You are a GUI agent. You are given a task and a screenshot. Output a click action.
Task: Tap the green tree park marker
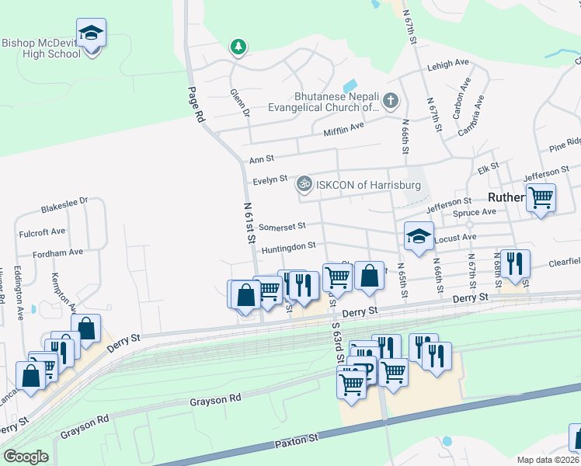tap(238, 47)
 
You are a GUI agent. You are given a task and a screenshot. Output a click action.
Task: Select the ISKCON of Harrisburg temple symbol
tap(304, 185)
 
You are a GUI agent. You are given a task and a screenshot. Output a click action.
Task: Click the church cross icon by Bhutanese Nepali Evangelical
tap(390, 100)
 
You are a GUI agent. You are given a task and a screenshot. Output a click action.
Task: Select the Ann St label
tap(262, 159)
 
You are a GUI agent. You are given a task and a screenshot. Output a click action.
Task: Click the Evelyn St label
tap(270, 180)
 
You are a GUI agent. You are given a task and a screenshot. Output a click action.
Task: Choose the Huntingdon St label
tap(288, 246)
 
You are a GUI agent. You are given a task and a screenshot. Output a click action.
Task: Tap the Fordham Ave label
tap(57, 252)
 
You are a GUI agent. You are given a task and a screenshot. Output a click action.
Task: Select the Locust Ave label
tap(458, 237)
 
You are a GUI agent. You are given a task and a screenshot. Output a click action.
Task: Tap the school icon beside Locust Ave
tap(419, 235)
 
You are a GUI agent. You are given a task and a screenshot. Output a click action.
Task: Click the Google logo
tap(26, 457)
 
